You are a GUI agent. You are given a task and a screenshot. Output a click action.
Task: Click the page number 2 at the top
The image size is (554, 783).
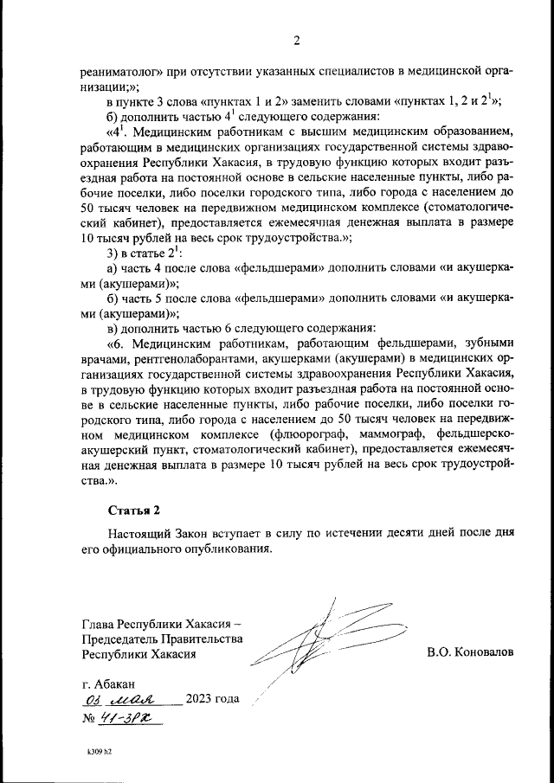pos(296,41)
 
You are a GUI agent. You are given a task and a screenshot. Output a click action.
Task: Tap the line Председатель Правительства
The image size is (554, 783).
pos(162,639)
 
